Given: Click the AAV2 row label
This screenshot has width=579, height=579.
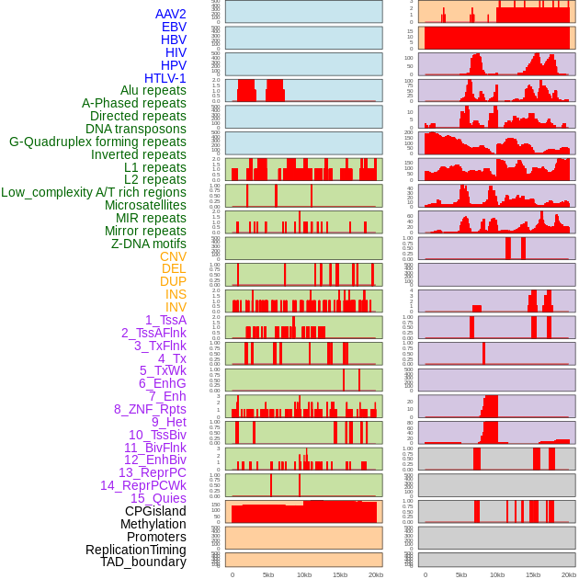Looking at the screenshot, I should (x=170, y=14).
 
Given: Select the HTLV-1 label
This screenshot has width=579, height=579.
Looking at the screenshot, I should (x=165, y=78).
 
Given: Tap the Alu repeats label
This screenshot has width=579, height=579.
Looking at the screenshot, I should (x=153, y=90).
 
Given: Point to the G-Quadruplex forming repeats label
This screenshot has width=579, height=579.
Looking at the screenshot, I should (x=97, y=142).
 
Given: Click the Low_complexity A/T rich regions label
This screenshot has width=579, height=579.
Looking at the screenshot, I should (x=94, y=192).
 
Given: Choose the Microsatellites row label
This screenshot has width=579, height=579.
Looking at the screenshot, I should (x=145, y=205).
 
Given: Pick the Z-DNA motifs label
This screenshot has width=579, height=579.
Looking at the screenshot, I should (x=148, y=244).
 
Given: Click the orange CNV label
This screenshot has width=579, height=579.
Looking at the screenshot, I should (x=173, y=256).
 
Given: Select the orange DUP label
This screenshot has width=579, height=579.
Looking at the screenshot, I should (x=173, y=281).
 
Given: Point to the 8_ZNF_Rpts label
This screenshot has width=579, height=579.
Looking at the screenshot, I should (x=150, y=409).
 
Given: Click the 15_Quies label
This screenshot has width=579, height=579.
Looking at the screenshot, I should (x=158, y=498).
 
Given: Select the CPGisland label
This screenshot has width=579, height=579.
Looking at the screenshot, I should (x=155, y=511).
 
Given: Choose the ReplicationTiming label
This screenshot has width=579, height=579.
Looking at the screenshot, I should (x=135, y=550).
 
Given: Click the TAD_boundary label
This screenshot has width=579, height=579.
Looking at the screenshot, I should (x=142, y=562).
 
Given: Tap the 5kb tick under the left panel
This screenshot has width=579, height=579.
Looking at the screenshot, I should (x=268, y=574).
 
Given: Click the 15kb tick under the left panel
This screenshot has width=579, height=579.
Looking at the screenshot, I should (x=340, y=574).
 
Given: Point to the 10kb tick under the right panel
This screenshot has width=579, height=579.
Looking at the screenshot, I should (x=497, y=574).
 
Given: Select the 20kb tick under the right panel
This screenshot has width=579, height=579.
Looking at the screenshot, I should (x=569, y=574).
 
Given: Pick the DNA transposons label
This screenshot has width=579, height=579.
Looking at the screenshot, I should (x=136, y=129).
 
